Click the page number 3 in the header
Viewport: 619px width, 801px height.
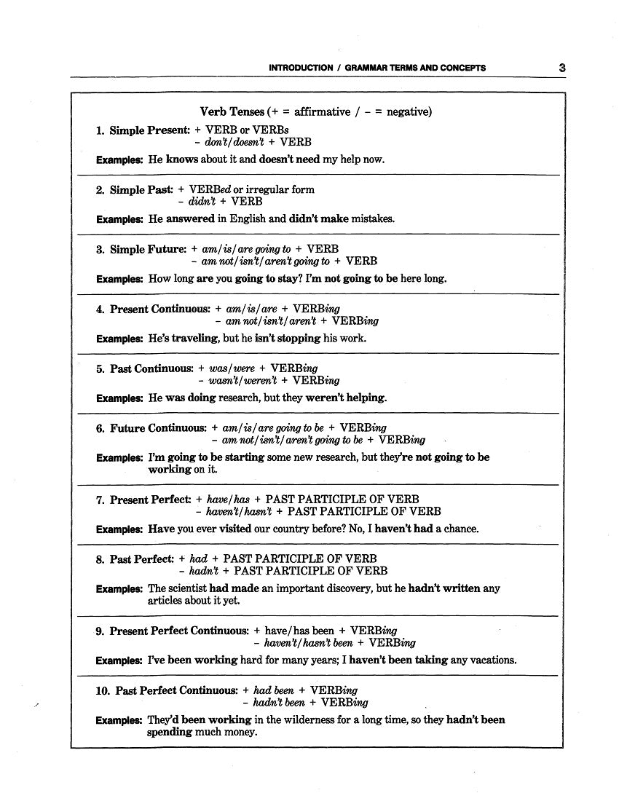click(x=562, y=68)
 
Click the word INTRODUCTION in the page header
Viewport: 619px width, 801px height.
click(x=301, y=68)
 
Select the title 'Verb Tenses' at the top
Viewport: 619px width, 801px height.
click(x=232, y=111)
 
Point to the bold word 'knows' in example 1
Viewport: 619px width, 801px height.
click(x=181, y=159)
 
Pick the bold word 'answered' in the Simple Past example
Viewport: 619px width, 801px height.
click(x=190, y=218)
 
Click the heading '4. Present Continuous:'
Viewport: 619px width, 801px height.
click(x=153, y=309)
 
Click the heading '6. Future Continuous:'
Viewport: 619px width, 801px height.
click(x=151, y=428)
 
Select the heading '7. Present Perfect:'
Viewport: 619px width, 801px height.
click(x=143, y=500)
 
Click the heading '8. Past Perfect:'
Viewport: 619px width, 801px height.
click(x=135, y=559)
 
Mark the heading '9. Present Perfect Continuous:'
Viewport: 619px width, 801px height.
click(x=173, y=631)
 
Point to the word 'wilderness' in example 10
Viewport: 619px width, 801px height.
click(x=302, y=720)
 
